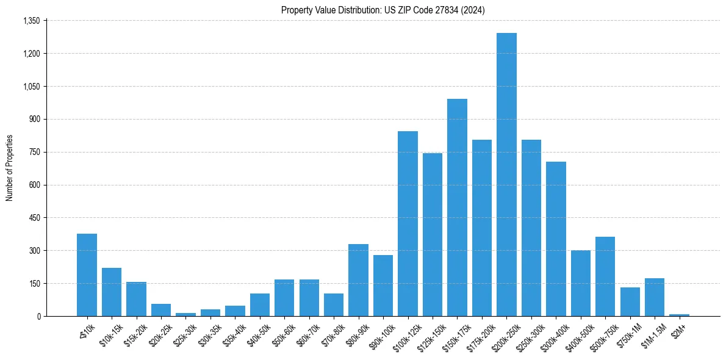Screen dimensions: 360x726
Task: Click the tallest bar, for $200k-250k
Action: (x=506, y=175)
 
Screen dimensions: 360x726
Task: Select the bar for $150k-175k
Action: (x=457, y=207)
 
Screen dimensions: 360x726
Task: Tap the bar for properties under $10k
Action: (x=87, y=275)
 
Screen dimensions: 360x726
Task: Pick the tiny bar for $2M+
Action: (x=679, y=315)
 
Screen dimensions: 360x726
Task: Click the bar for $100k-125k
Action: (x=408, y=223)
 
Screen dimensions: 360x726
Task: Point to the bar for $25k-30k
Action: (x=185, y=314)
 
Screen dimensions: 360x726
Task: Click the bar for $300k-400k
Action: (x=556, y=239)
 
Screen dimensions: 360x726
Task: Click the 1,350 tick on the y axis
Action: (x=31, y=21)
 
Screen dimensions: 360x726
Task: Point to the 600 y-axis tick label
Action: (x=34, y=185)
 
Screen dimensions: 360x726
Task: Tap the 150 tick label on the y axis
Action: (x=34, y=284)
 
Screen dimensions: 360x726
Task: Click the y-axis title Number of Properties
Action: (x=9, y=168)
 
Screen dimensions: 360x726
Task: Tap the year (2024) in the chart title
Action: (x=472, y=10)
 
